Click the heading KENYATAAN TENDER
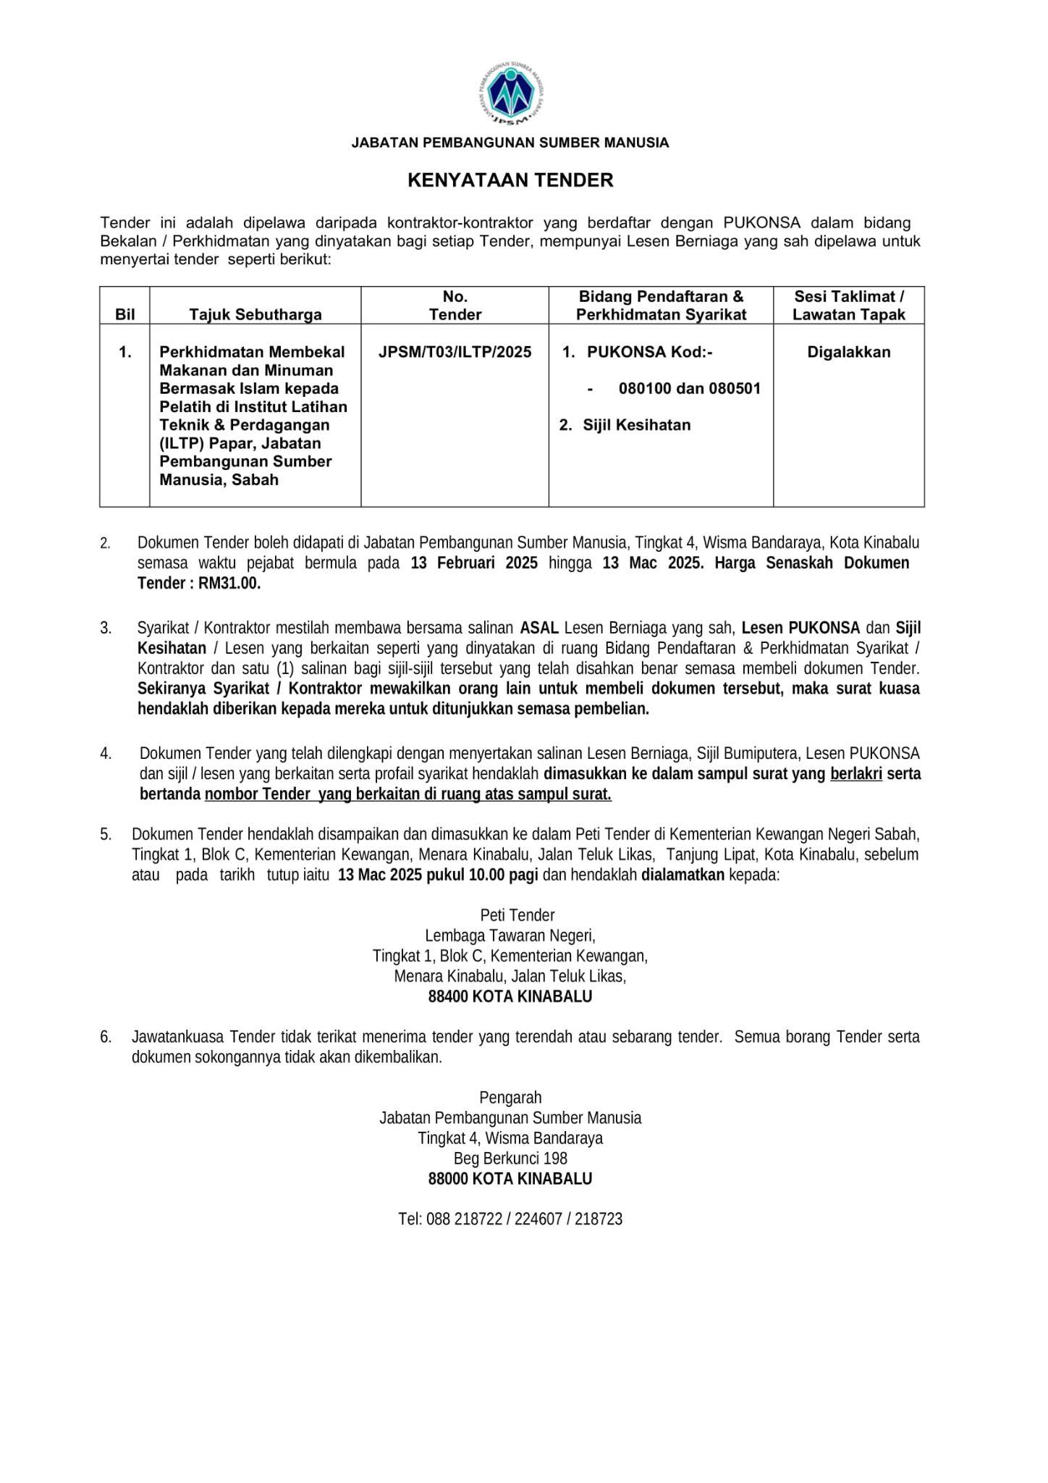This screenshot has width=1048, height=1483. pos(510,180)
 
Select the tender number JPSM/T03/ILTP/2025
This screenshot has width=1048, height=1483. pos(455,352)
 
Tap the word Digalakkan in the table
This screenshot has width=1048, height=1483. pos(848,353)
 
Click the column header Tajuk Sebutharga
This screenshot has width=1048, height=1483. pos(255,314)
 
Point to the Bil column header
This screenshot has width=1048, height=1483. pos(124,314)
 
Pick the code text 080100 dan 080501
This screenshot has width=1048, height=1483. pos(689,388)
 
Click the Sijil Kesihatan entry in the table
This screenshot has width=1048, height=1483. pos(636,425)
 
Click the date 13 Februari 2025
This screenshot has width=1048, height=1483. pos(474,563)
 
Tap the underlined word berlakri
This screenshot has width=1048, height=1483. pos(856,773)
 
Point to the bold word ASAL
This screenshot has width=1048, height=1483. pos(539,627)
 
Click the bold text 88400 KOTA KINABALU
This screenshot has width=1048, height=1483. pos(510,996)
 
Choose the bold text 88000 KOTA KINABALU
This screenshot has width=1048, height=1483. pos(510,1179)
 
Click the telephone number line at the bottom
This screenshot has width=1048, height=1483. pos(510,1219)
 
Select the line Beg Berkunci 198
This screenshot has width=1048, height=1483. pos(510,1159)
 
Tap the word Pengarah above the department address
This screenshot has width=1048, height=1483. pos(510,1098)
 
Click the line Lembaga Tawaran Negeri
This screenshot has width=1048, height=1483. pos(510,935)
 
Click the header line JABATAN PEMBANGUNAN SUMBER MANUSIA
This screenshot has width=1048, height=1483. pos(510,143)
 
